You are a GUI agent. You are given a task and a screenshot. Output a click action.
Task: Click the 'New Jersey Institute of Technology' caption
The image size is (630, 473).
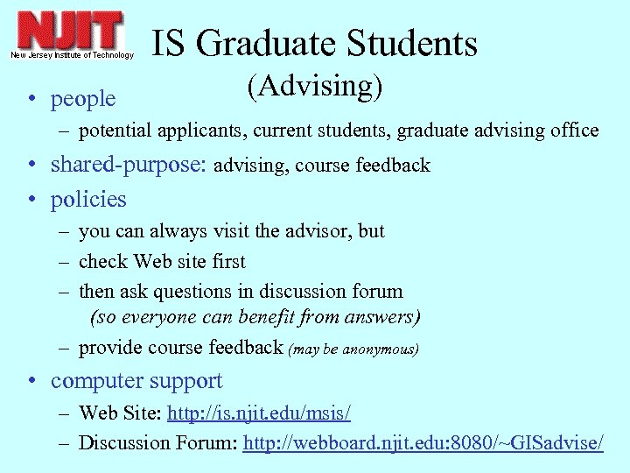(x=73, y=55)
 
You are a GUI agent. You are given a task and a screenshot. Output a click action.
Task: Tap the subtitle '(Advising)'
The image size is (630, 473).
(x=315, y=86)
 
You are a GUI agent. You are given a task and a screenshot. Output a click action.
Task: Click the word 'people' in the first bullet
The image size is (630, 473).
(x=83, y=99)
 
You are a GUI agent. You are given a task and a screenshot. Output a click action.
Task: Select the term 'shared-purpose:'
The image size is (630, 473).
(x=129, y=165)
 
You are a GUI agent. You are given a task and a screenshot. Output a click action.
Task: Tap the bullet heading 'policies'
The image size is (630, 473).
(x=88, y=200)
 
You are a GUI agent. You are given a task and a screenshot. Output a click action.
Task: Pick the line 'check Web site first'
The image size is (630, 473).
(x=162, y=261)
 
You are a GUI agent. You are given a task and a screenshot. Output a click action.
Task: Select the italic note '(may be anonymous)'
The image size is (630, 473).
(x=353, y=349)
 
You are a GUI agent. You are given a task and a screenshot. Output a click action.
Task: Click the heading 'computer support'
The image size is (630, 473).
(x=136, y=381)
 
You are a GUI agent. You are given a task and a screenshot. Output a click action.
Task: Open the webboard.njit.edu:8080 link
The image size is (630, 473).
(x=423, y=442)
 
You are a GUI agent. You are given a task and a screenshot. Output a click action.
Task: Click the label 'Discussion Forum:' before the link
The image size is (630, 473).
(x=157, y=442)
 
